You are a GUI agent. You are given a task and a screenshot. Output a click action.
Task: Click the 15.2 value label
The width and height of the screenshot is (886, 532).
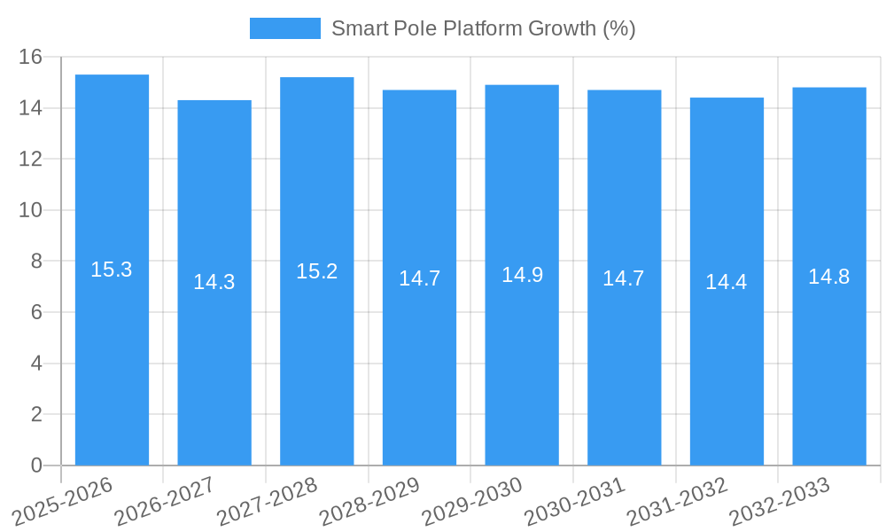point(317,271)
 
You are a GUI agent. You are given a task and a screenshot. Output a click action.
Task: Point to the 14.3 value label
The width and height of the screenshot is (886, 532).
point(214,282)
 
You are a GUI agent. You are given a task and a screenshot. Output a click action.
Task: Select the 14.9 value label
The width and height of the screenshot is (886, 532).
point(522,275)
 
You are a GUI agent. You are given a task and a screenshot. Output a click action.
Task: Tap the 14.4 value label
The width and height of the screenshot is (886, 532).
point(727,282)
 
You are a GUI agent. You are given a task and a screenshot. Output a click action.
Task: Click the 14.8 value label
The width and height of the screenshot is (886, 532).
point(829,277)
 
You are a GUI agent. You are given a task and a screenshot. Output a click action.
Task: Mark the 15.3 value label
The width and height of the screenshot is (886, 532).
point(112,270)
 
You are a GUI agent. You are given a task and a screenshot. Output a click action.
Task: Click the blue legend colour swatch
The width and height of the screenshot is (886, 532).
point(284,28)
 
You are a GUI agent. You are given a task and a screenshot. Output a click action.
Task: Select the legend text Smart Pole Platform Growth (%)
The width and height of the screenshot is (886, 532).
point(484,28)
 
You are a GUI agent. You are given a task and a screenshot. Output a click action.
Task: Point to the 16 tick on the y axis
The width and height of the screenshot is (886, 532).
point(31,57)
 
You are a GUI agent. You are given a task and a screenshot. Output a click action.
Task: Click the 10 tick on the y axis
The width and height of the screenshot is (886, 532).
point(31,210)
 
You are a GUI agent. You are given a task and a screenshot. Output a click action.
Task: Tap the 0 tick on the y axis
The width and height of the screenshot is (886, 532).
point(36,465)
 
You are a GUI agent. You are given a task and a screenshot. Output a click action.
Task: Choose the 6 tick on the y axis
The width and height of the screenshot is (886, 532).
point(36,312)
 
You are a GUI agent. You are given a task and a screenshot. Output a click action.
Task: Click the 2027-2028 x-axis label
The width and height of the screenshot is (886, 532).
point(267,500)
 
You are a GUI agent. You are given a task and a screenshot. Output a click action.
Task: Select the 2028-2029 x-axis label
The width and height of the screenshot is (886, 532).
point(369,500)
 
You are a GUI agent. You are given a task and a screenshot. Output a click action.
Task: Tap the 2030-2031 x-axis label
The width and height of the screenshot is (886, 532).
point(574,500)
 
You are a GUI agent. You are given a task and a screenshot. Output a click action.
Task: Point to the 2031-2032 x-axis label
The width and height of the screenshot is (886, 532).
point(677,500)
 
